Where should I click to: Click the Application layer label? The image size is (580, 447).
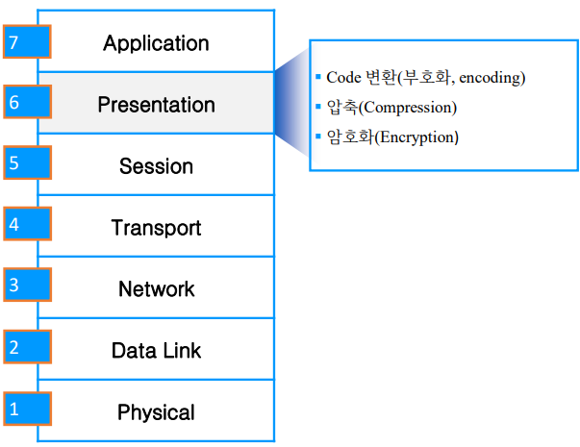point(156,43)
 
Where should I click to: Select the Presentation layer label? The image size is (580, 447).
point(156,105)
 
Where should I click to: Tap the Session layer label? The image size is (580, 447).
point(156,166)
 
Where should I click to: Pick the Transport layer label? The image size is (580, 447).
point(156,228)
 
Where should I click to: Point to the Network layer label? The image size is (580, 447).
point(156,289)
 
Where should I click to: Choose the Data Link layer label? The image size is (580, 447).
point(156,351)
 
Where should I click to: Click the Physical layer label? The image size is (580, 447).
point(156,412)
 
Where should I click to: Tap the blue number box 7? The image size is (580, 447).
point(26,42)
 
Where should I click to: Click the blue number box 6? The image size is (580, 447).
point(26,103)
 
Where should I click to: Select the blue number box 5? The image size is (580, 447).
point(26,163)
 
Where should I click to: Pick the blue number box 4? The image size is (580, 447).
point(26,225)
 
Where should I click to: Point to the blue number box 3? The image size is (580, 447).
point(26,286)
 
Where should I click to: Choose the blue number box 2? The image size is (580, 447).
point(26,347)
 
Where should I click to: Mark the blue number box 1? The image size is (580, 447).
point(26,408)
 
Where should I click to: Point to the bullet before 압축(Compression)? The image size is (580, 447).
point(318,106)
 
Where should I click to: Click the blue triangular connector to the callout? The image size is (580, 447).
point(292,104)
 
